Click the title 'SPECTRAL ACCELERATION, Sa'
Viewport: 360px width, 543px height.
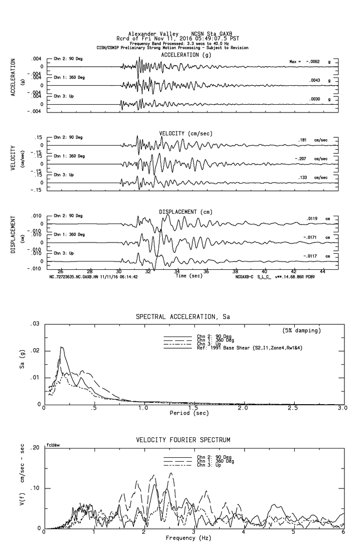182,317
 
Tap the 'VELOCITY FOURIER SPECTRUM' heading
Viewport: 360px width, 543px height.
183,440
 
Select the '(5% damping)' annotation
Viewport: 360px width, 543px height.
302,331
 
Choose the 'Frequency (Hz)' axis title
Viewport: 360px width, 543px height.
189,538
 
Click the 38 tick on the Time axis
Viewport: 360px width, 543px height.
235,271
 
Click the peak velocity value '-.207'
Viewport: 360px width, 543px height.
304,159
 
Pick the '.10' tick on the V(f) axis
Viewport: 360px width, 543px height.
35,488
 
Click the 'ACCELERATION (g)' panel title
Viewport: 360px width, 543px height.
186,55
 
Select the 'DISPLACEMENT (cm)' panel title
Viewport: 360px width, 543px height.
185,212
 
